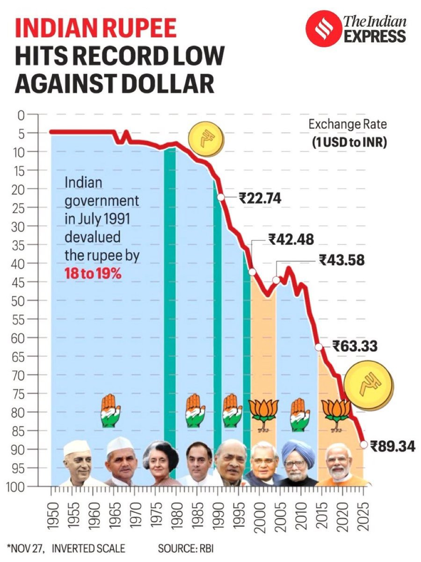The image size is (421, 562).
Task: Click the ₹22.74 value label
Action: (260, 199)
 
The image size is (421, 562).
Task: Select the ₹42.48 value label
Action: (291, 239)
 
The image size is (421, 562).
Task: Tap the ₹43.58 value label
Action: (341, 259)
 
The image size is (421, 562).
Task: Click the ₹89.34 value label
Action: (392, 446)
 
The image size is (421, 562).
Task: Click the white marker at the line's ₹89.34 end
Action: (363, 444)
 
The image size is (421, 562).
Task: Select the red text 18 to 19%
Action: (93, 274)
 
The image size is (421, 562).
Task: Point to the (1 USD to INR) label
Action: (349, 142)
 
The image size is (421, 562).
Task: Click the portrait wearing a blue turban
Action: (298, 461)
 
